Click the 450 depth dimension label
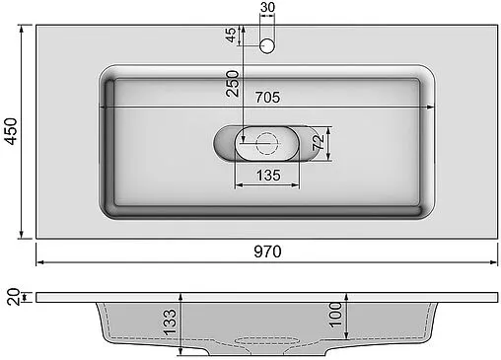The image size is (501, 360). [11, 132]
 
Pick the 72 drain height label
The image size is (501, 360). [319, 144]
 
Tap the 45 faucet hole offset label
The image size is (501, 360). [231, 35]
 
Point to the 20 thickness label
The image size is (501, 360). [11, 297]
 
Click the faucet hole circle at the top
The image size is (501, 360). [266, 45]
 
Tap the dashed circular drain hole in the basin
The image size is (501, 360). [266, 143]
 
